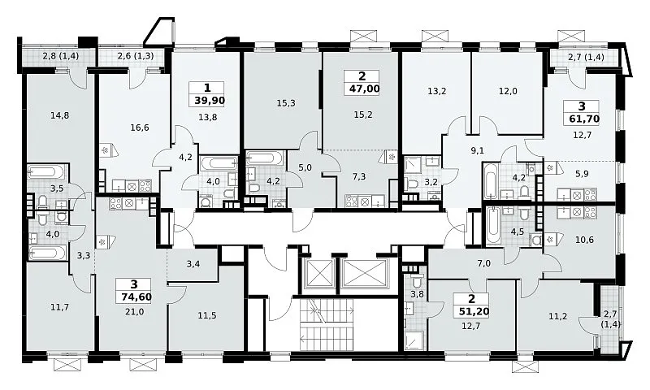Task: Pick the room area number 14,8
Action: point(59,115)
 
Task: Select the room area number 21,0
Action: point(133,312)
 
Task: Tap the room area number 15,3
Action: point(286,103)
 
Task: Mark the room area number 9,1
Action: point(477,151)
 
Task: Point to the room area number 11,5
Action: point(207,315)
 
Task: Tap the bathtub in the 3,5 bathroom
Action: point(46,171)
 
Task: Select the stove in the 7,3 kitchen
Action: point(352,201)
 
